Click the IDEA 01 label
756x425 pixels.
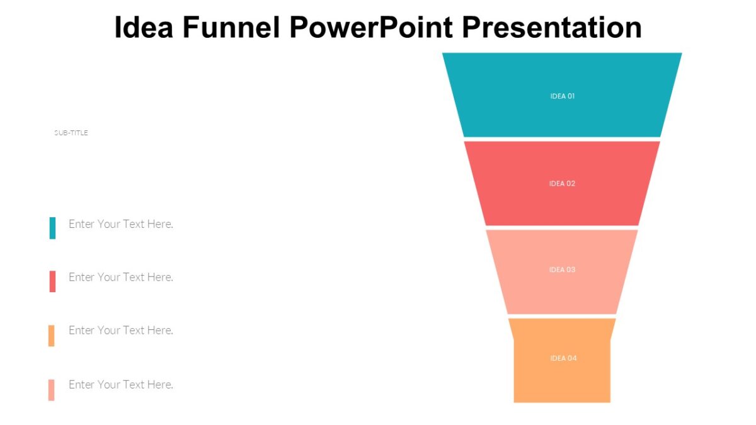562,96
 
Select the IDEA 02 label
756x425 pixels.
562,184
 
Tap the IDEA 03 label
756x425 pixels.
562,270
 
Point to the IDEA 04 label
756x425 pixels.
563,358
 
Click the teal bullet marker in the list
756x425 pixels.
52,228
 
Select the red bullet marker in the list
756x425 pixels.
52,281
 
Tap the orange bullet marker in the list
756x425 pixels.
52,336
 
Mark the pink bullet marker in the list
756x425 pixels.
52,390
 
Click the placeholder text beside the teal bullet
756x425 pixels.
120,224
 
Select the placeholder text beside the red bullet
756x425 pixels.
120,277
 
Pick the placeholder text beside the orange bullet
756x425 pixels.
120,331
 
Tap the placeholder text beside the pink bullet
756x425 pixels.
120,385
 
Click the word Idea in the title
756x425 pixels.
144,28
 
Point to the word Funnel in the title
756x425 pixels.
233,28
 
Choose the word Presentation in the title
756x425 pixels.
552,28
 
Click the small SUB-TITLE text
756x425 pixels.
71,133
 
